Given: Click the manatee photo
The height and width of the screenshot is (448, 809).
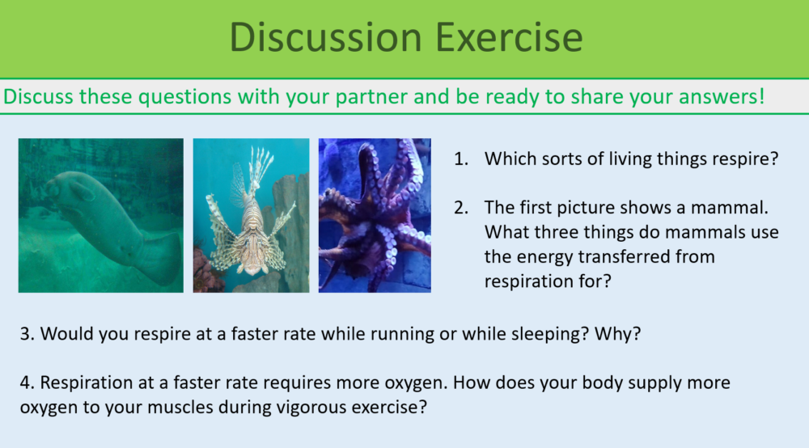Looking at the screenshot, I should click(x=101, y=215).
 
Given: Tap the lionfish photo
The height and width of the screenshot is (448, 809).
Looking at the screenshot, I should click(x=251, y=215).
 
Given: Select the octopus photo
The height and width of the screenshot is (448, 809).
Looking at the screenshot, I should click(x=375, y=215).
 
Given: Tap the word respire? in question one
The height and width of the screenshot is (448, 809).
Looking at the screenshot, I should click(x=745, y=159).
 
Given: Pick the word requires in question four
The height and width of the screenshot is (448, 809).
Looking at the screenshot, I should click(x=285, y=382).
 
